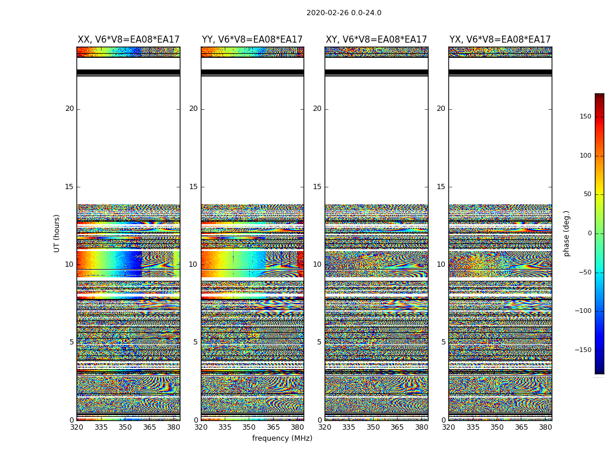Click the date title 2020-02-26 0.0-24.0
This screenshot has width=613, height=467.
[344, 13]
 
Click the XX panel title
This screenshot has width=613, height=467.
[128, 40]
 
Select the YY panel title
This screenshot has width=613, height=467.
[252, 40]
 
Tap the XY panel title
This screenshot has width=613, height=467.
[377, 40]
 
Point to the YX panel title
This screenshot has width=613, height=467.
[500, 40]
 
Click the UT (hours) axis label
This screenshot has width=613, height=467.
[57, 233]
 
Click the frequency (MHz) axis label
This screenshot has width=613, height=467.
[282, 438]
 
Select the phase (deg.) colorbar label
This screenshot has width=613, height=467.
[567, 233]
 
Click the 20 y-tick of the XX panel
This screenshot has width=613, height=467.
[69, 109]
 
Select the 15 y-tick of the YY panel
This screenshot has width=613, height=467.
[193, 187]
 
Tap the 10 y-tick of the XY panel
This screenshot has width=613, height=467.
[317, 264]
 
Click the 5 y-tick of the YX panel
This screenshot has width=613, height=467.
[443, 342]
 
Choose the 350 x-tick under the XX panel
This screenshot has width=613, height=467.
[125, 427]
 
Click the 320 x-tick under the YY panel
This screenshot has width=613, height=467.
[201, 427]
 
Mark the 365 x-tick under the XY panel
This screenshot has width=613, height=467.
[397, 427]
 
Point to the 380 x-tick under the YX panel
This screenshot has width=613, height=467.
[545, 427]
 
